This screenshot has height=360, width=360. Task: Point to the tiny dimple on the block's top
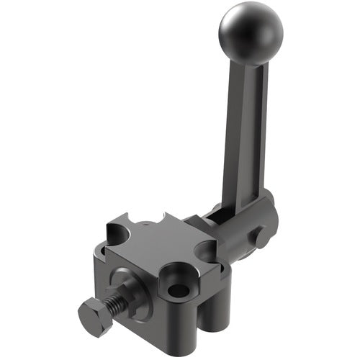[148, 225]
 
